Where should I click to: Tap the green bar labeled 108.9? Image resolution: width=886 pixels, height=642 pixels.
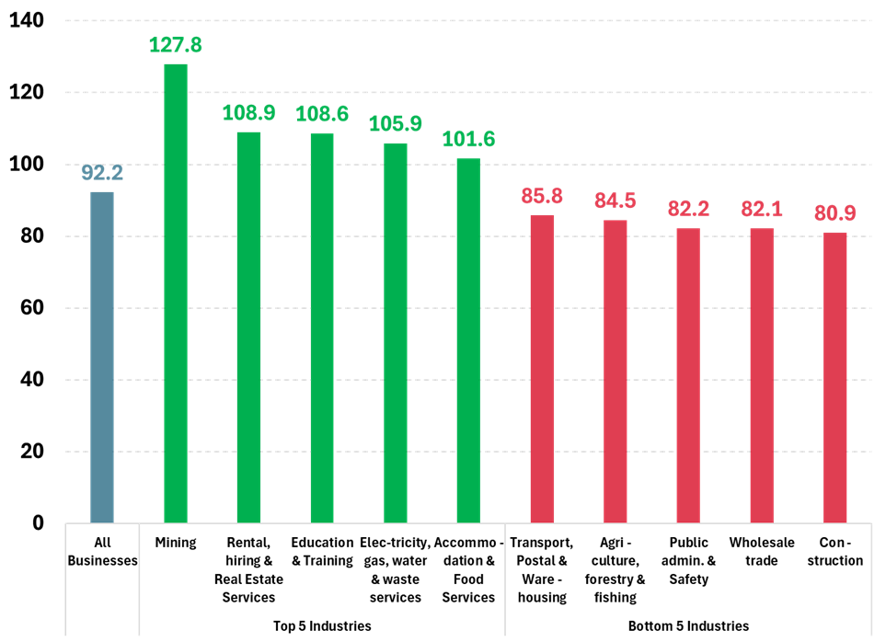click(x=248, y=327)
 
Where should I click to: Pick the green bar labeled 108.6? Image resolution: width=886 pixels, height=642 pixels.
click(x=322, y=327)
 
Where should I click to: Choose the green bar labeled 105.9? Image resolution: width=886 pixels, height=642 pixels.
click(x=396, y=332)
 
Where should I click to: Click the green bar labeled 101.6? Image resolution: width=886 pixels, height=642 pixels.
click(x=468, y=340)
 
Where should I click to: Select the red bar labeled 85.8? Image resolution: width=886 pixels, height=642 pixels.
click(x=542, y=368)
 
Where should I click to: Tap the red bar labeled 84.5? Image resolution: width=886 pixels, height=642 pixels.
click(x=616, y=371)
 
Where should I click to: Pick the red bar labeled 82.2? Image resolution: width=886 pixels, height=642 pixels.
click(x=688, y=375)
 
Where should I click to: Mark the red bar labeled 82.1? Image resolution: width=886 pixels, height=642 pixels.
click(x=762, y=375)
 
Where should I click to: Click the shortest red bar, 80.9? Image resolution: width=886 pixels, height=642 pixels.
click(x=835, y=377)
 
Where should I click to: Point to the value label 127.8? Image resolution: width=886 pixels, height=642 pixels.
click(x=176, y=45)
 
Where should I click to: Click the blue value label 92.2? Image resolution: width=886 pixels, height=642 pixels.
click(x=102, y=172)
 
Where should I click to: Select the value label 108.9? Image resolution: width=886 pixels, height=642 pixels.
click(x=248, y=113)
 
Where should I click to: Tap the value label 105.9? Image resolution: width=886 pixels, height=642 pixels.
click(x=396, y=123)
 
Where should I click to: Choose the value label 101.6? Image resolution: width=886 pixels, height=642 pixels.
click(x=468, y=139)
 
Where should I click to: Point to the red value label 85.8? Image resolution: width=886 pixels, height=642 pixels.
click(x=542, y=196)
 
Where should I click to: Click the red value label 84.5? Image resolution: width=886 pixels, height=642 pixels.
click(x=616, y=201)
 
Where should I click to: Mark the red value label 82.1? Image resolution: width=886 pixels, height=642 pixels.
click(x=762, y=209)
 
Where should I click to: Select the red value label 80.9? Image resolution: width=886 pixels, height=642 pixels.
click(x=835, y=213)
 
